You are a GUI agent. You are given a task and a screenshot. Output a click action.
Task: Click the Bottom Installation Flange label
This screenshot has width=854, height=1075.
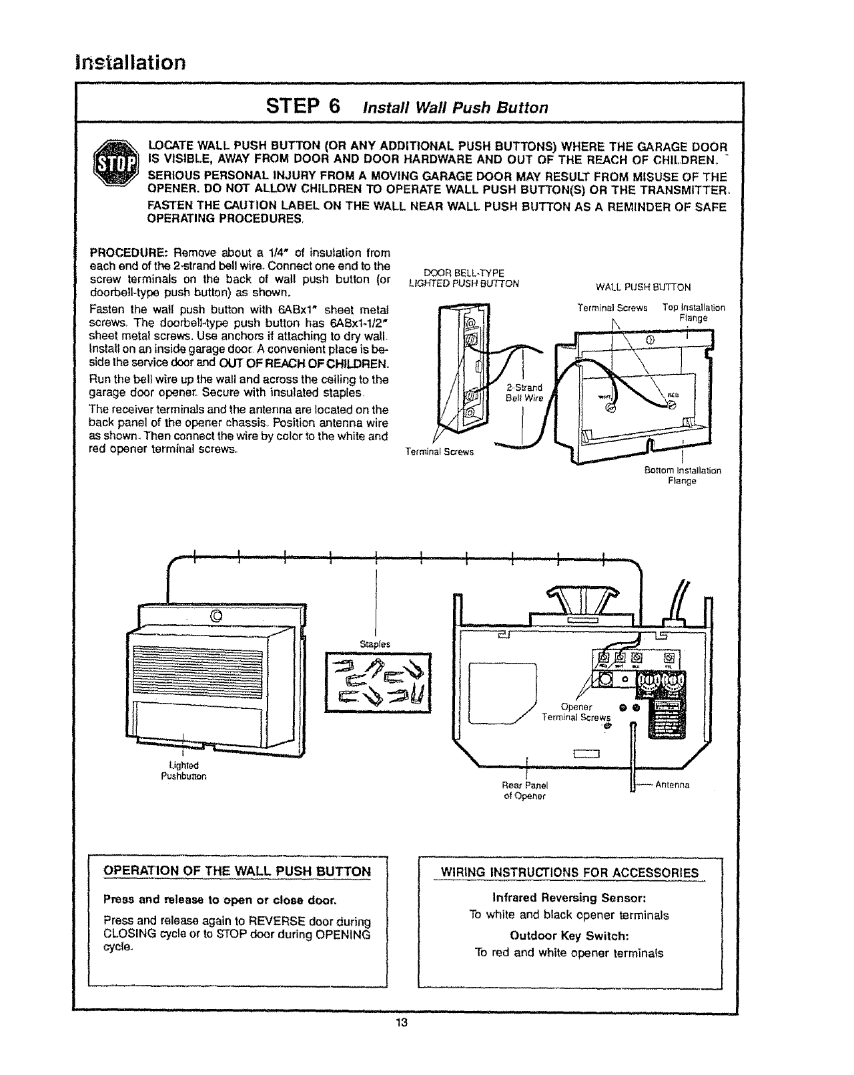(682, 475)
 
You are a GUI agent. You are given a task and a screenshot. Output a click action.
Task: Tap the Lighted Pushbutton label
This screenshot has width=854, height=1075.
(183, 770)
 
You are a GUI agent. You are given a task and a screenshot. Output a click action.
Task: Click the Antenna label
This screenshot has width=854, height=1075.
(672, 784)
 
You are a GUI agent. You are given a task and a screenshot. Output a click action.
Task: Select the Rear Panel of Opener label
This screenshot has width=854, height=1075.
(524, 790)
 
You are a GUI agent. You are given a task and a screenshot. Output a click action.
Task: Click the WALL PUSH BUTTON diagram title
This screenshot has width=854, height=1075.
(643, 287)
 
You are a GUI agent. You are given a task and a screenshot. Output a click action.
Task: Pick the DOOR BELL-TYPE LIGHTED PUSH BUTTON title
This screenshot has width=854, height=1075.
(464, 278)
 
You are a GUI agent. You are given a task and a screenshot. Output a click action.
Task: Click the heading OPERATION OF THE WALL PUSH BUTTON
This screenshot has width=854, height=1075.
(237, 871)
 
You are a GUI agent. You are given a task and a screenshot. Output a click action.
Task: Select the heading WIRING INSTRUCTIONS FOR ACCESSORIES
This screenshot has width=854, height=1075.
(570, 873)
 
